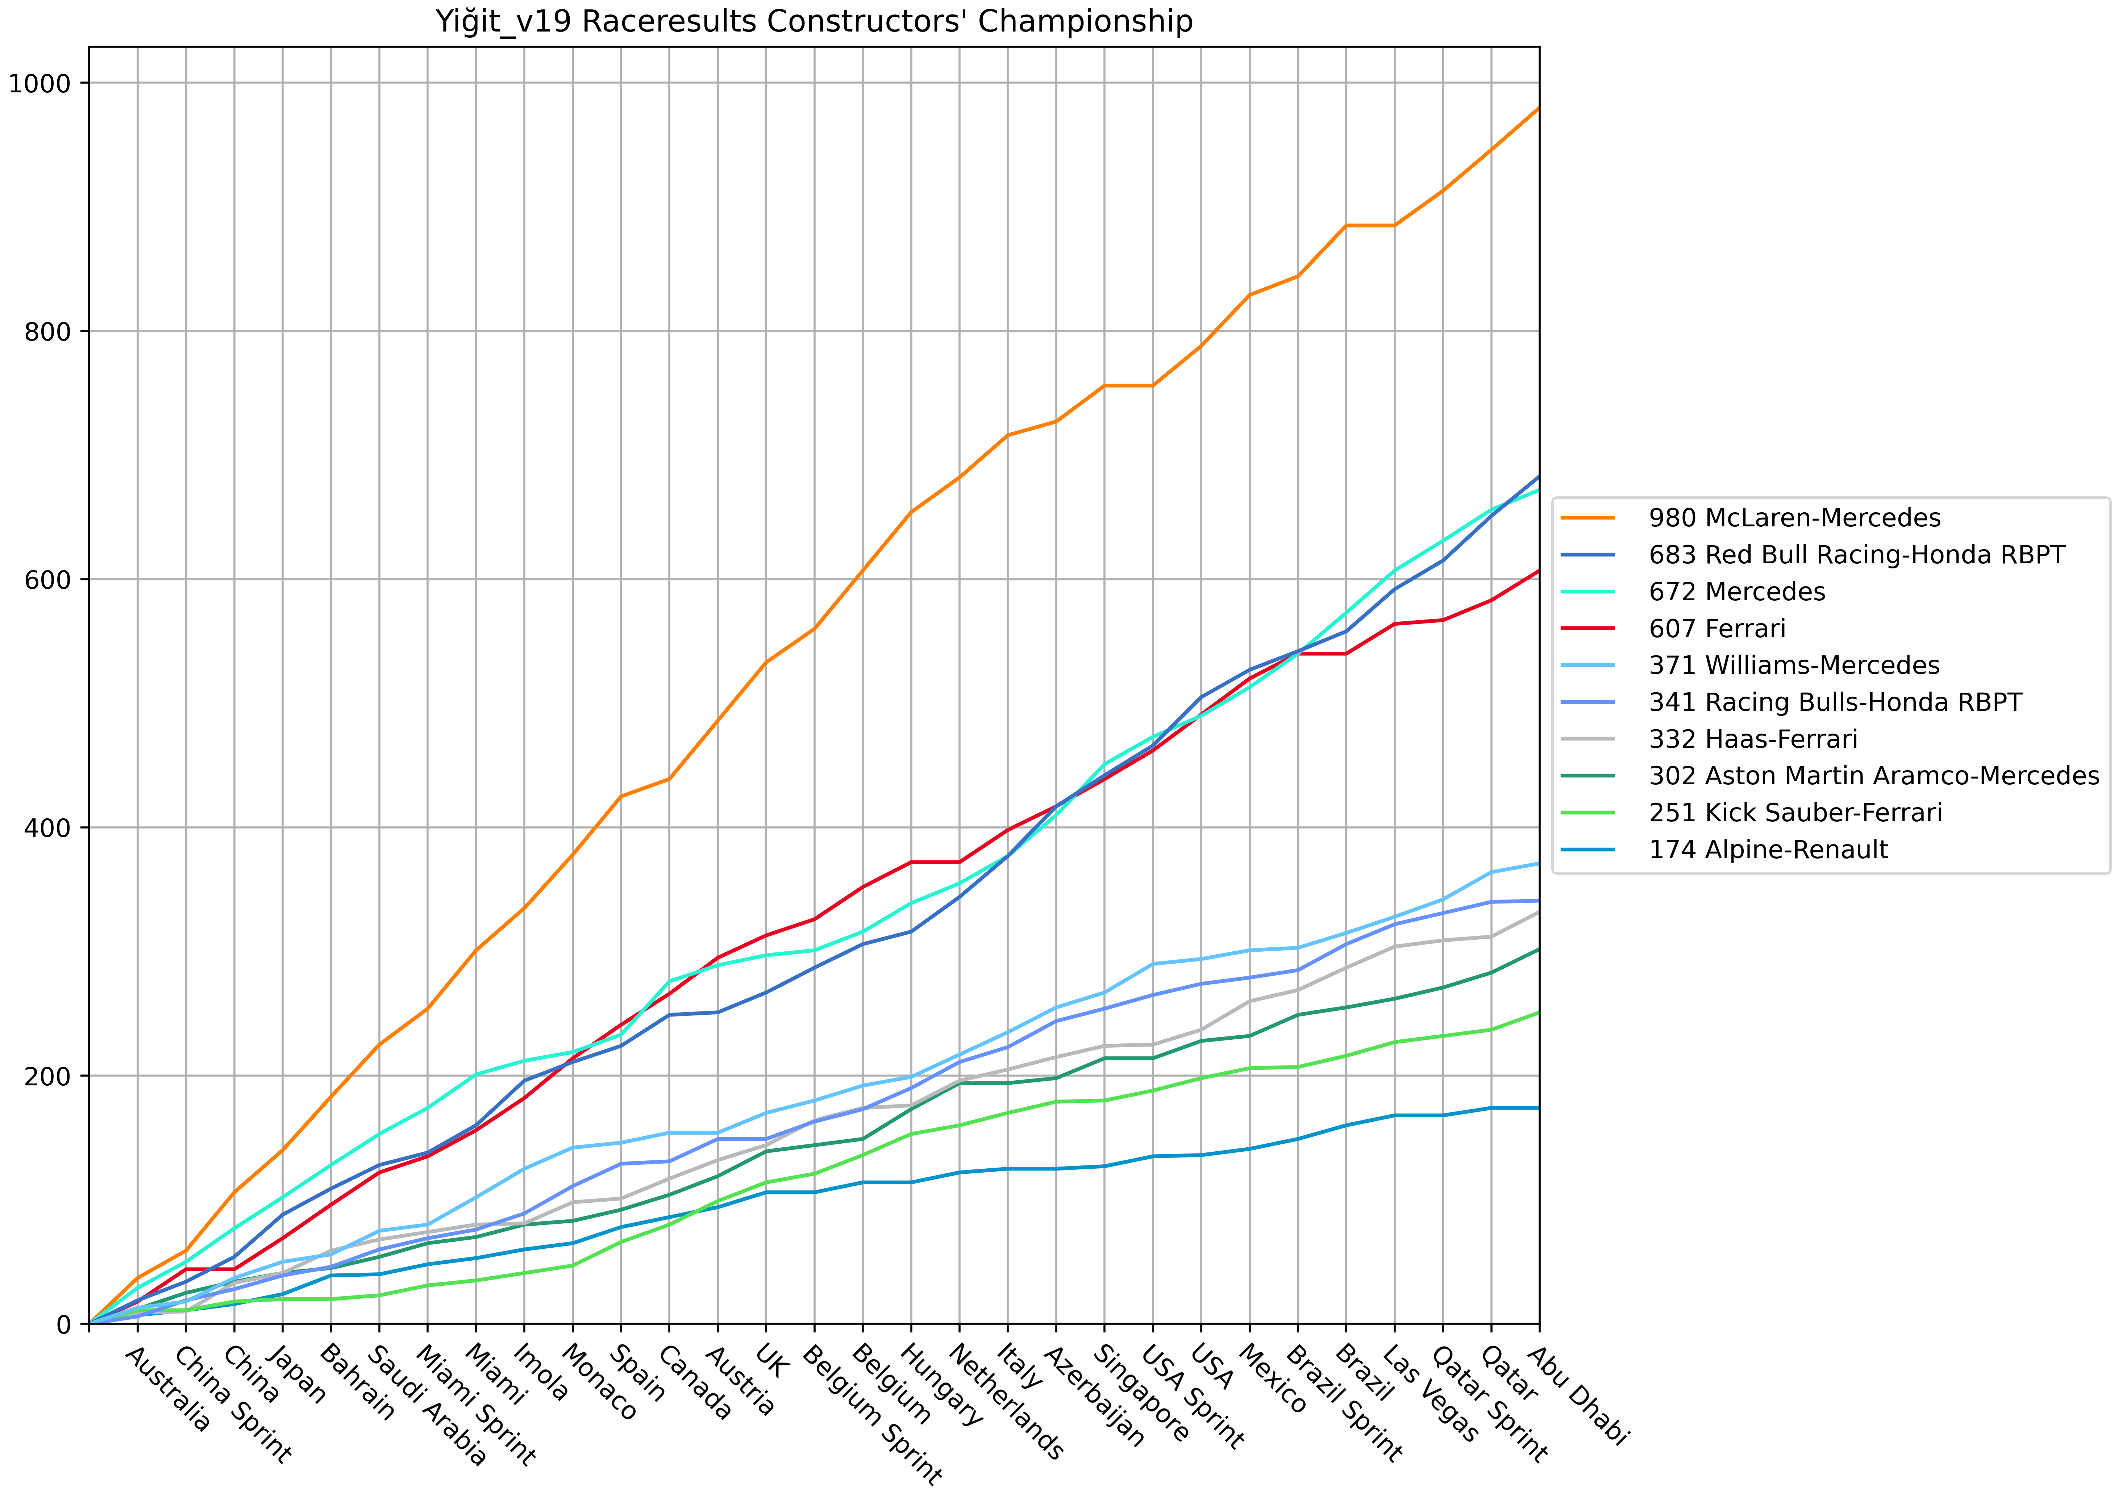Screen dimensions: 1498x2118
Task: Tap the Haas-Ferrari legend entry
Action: click(x=1753, y=740)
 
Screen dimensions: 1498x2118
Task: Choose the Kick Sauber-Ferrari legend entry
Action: click(x=1795, y=814)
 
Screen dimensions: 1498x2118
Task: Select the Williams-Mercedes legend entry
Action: click(x=1794, y=666)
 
